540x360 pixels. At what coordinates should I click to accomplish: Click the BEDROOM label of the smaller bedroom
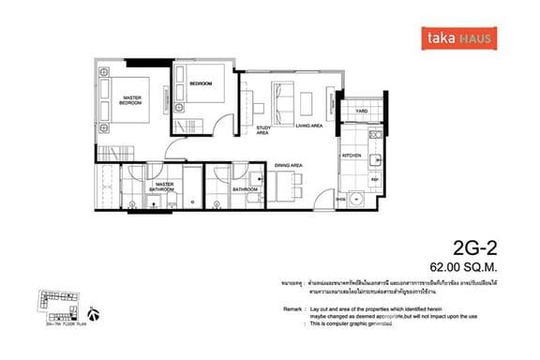pos(201,84)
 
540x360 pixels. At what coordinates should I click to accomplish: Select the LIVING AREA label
pos(308,125)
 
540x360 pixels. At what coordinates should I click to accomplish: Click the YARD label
pos(361,112)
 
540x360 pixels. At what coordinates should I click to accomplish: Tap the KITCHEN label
pos(352,156)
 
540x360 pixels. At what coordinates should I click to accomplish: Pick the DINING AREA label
pos(288,166)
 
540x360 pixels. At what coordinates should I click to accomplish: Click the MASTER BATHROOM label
pos(165,187)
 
